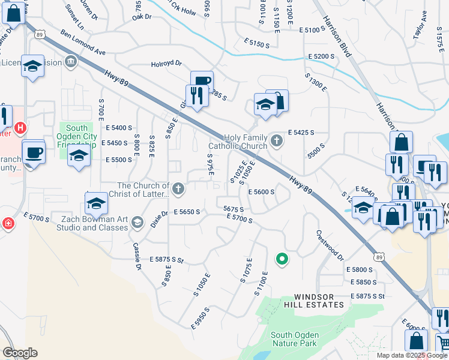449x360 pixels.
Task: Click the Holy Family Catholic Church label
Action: point(238,142)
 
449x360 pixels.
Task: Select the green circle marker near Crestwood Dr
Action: point(280,259)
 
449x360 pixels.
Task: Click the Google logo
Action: point(20,352)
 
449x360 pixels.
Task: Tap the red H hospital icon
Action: point(20,128)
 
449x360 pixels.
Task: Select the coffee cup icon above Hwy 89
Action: point(202,82)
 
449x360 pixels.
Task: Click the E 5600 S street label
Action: point(261,192)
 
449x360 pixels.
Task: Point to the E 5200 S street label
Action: point(321,56)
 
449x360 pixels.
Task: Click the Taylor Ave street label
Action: point(420,28)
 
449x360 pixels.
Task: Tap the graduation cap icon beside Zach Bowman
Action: point(137,223)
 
